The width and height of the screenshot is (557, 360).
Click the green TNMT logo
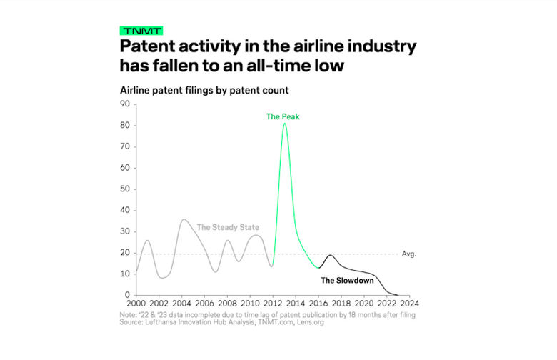pos(141,31)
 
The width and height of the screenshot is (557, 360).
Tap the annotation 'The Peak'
pos(283,116)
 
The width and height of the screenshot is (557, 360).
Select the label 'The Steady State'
pos(228,227)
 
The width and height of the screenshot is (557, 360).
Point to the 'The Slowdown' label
pos(348,281)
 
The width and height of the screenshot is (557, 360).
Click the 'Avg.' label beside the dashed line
pos(409,254)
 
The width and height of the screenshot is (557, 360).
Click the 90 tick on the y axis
pos(125,104)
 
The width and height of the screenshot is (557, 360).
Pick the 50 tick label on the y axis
pos(125,189)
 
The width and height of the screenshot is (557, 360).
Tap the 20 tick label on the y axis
pos(125,253)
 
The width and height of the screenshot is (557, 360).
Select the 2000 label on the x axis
pos(136,303)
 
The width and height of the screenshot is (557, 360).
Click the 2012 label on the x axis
pos(273,303)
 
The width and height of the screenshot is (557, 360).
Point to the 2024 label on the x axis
pos(410,303)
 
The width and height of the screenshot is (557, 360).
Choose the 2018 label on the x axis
pos(341,303)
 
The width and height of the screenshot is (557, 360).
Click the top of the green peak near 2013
pos(284,124)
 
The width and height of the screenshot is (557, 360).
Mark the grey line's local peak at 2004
pos(183,219)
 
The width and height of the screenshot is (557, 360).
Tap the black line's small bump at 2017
pos(331,255)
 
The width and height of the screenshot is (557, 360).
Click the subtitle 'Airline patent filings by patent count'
pos(204,90)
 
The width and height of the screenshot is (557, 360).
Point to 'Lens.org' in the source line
pos(311,322)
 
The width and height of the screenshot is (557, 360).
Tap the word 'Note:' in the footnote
pos(128,315)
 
